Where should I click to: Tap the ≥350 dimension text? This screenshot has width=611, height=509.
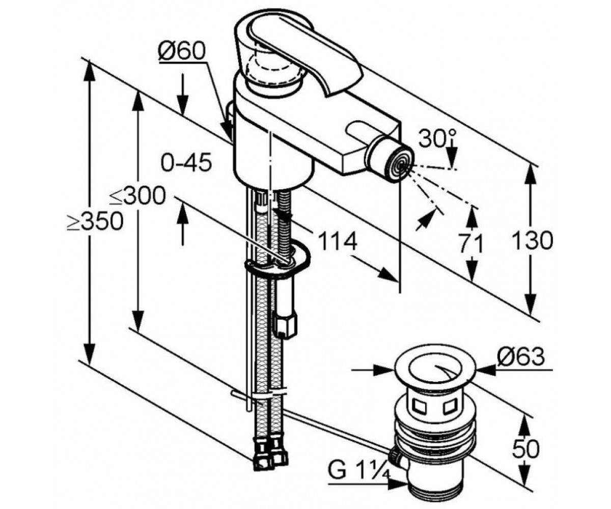click(x=95, y=221)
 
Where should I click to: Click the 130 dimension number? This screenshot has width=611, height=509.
click(x=533, y=240)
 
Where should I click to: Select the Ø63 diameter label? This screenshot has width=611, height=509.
click(x=520, y=356)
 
